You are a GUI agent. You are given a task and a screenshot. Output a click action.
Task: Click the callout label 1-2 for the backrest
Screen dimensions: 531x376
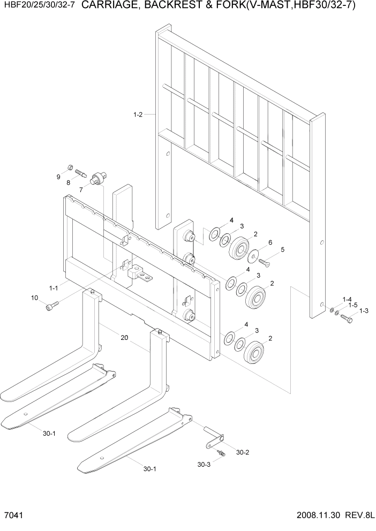point(137,114)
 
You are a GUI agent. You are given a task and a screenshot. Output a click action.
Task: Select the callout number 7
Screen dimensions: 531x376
point(81,189)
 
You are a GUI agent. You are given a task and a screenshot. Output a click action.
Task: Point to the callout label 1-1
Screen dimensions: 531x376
point(53,288)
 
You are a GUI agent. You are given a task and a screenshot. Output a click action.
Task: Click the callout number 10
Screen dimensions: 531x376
point(35,298)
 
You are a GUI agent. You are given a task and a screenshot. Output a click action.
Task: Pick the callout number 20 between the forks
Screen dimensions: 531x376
point(124,338)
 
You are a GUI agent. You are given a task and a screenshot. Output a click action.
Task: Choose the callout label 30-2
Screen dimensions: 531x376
point(242,452)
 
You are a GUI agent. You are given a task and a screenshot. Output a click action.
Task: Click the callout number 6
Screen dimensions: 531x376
point(270,242)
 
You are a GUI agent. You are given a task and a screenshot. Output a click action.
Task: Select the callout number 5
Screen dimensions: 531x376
point(283,249)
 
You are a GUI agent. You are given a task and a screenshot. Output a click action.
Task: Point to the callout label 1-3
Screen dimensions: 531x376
point(364,310)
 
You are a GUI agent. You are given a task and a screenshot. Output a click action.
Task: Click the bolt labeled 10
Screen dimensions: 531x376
point(52,306)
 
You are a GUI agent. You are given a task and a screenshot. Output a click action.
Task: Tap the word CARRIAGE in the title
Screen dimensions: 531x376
point(114,6)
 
